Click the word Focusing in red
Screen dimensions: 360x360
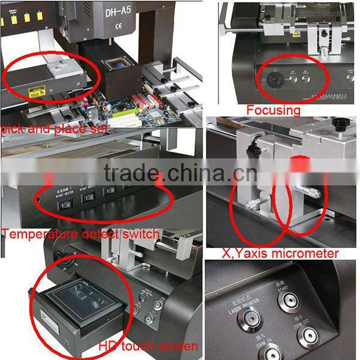(x=273, y=110)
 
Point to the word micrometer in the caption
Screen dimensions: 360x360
(x=306, y=254)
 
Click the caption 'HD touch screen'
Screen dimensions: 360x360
(x=149, y=346)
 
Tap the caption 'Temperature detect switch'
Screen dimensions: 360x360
(x=80, y=234)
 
